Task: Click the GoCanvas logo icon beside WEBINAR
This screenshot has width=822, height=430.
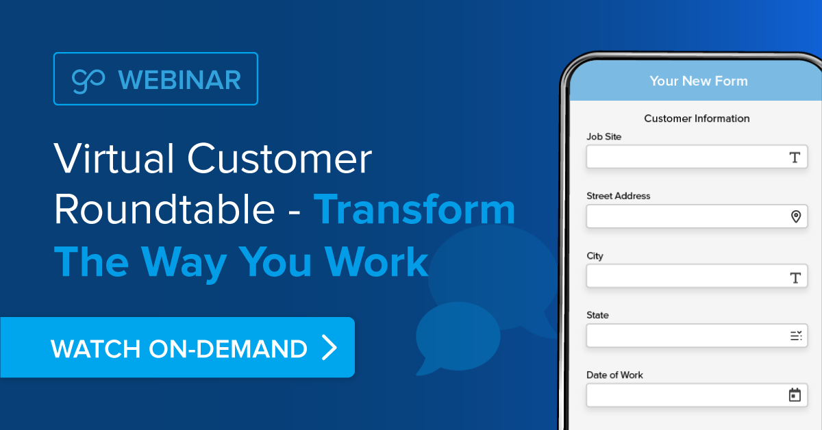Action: point(88,80)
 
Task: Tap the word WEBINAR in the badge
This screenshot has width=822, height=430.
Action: point(179,80)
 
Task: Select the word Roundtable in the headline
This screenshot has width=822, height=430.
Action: point(164,210)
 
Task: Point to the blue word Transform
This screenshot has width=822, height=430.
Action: point(414,210)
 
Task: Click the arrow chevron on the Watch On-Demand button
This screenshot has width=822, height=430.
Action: point(329,348)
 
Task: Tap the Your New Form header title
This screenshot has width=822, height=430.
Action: point(698,81)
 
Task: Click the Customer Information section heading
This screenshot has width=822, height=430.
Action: point(697,118)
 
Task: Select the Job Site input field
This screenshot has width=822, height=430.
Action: point(685,157)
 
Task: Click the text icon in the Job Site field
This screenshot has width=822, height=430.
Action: point(795,157)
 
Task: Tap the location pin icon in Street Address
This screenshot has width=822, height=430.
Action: point(795,217)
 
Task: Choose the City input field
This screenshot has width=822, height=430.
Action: point(685,277)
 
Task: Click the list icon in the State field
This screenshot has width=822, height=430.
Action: point(795,336)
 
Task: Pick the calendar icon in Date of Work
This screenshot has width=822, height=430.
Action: point(795,395)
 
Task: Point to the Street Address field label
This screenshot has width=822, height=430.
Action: point(618,196)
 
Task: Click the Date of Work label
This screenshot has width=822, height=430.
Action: point(614,375)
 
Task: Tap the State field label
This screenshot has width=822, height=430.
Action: point(597,316)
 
